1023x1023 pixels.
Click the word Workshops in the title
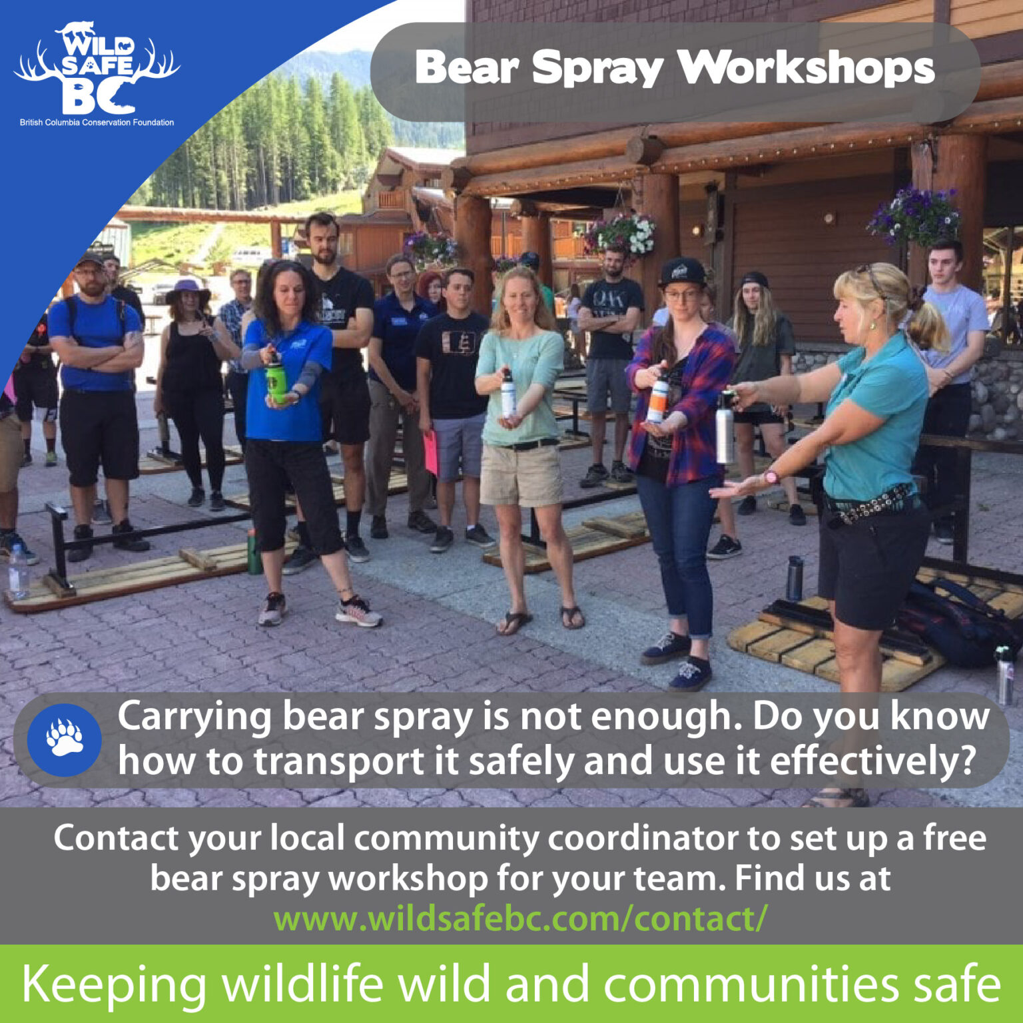point(806,69)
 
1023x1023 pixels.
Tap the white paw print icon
point(65,738)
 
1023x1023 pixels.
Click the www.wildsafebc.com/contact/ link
point(520,919)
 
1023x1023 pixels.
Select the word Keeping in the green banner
point(114,984)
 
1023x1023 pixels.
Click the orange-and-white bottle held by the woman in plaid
point(657,400)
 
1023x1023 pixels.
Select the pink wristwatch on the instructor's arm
point(771,477)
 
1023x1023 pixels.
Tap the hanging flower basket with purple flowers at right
point(915,215)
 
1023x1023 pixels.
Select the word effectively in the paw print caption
point(865,762)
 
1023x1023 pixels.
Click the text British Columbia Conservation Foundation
point(97,123)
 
